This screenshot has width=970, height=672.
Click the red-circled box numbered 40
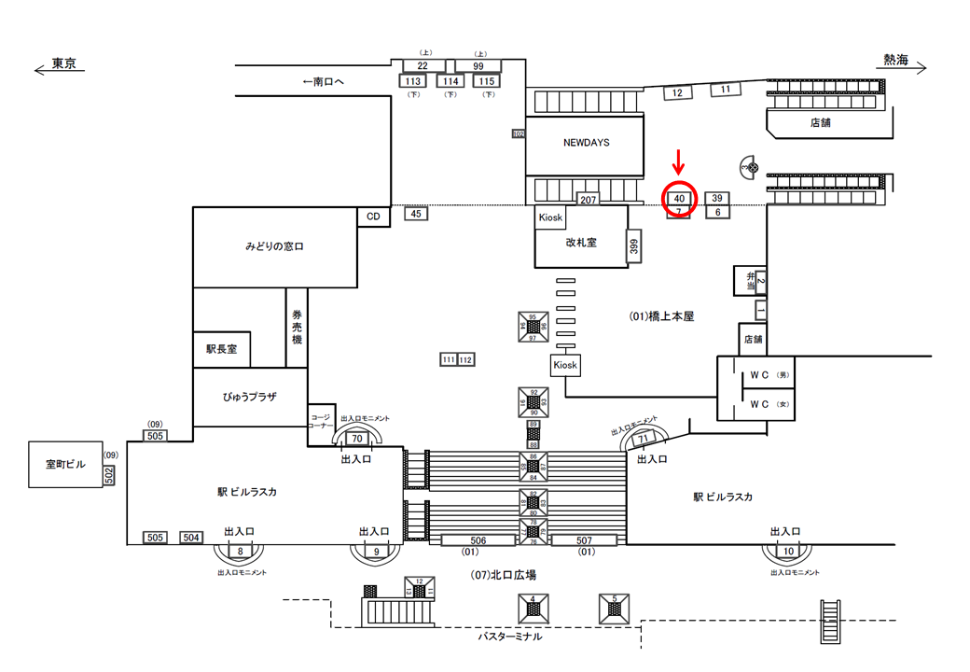(x=679, y=199)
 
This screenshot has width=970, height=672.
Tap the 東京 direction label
(x=63, y=64)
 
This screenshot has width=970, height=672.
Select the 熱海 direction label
(x=896, y=61)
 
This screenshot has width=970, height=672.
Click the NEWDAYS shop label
(x=586, y=143)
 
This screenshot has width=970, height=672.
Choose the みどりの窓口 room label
(x=275, y=247)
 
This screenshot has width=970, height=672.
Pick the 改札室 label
(x=581, y=242)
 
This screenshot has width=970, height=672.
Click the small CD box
(x=374, y=217)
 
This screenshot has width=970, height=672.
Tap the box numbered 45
(x=417, y=214)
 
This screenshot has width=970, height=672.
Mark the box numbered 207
(x=588, y=200)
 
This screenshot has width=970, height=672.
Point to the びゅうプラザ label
(x=249, y=397)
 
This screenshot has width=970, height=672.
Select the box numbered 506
(x=478, y=540)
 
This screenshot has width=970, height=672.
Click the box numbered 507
(x=585, y=540)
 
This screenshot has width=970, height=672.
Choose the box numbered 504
(x=191, y=538)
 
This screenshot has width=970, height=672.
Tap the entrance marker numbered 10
(x=789, y=552)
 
